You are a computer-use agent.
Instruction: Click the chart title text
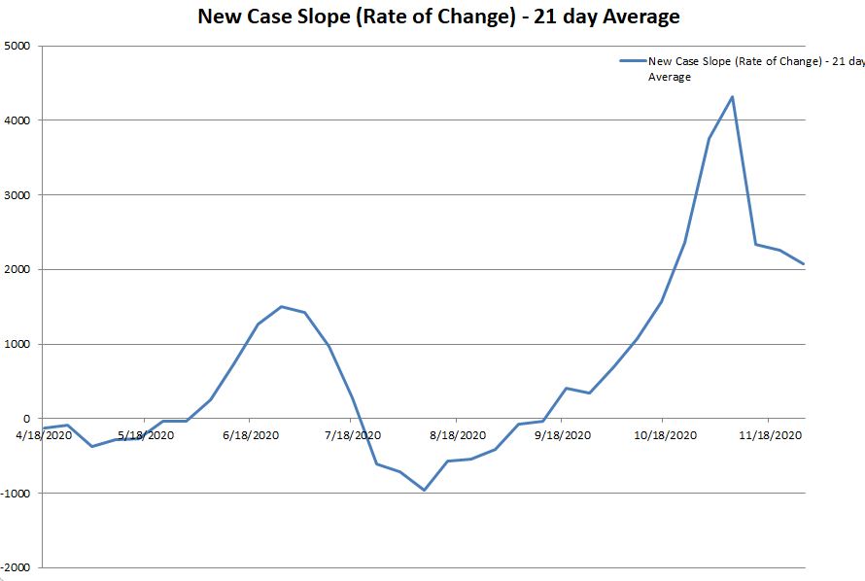438,17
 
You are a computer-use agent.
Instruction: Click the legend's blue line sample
633,61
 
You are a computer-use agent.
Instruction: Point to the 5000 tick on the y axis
17,46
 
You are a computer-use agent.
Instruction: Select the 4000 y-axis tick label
17,120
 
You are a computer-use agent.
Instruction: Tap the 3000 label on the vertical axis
17,195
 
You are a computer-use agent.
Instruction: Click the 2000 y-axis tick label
17,269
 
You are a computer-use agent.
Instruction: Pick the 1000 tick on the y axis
17,344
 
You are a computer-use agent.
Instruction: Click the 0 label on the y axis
27,419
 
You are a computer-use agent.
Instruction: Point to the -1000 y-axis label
16,493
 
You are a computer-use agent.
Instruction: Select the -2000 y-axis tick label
16,567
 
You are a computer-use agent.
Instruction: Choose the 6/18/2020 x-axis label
250,435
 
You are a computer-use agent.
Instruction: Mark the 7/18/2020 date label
353,435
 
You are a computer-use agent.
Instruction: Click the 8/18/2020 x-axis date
458,435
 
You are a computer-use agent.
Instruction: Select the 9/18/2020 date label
563,435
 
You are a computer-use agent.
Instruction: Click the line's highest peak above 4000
732,96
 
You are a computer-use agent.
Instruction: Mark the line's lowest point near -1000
424,490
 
